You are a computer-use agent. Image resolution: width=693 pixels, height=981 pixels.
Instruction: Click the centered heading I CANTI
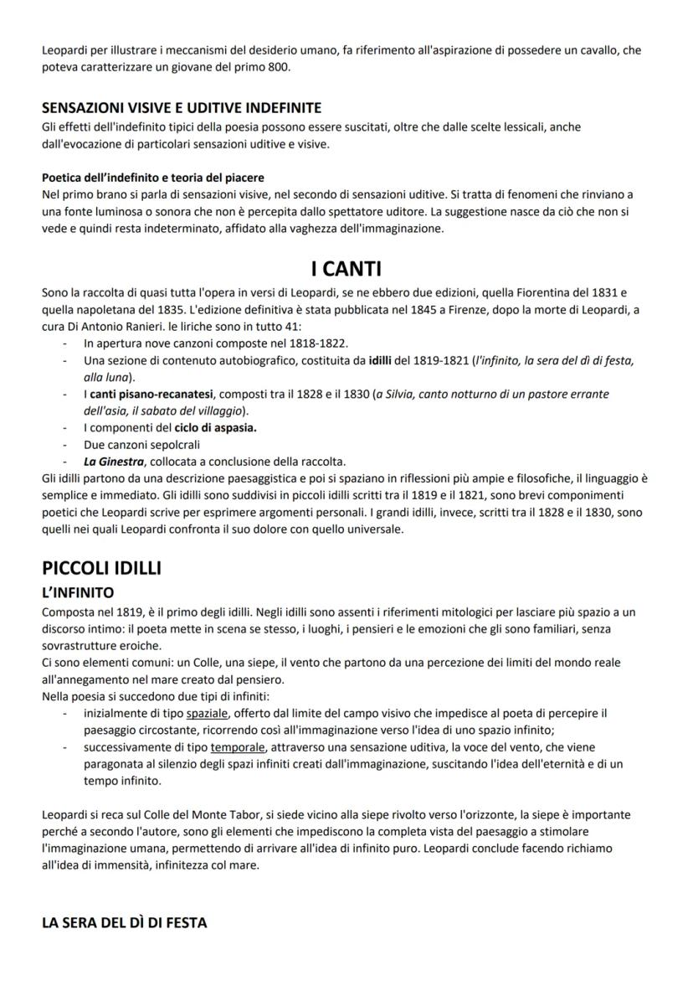click(x=346, y=270)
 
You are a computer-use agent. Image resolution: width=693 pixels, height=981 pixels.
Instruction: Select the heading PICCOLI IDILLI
click(x=101, y=567)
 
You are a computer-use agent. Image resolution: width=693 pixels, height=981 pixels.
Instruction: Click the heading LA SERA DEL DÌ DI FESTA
click(x=124, y=922)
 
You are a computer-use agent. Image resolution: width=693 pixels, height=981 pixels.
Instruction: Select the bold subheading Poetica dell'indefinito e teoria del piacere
click(x=152, y=177)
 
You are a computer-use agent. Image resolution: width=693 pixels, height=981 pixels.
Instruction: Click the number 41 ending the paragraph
click(x=275, y=327)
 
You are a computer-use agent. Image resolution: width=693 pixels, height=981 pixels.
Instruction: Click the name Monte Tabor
click(x=208, y=814)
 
